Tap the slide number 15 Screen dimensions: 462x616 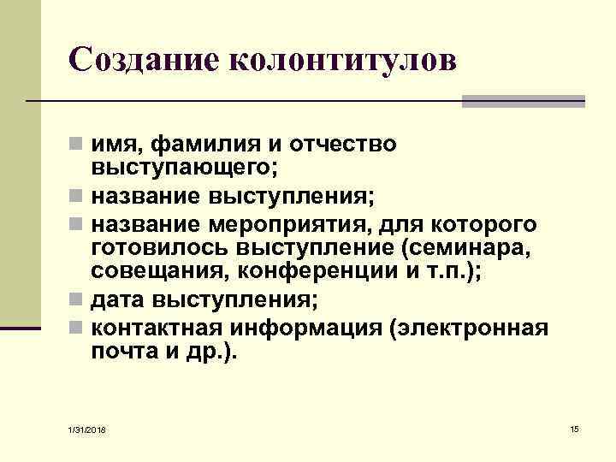pos(574,427)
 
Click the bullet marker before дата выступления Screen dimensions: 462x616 pos(77,302)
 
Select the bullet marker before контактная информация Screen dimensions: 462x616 pos(77,329)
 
